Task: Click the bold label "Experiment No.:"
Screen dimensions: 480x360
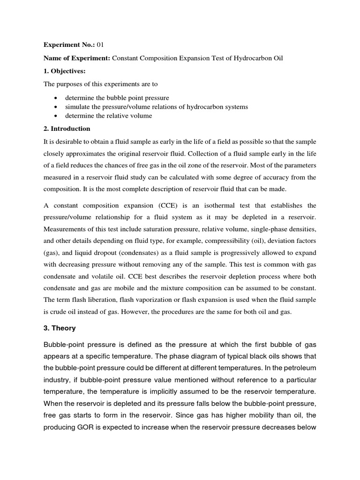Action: click(x=69, y=45)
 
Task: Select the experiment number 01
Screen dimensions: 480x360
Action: click(x=100, y=45)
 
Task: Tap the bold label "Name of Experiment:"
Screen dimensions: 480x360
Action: click(x=77, y=58)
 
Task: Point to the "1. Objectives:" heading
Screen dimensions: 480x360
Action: click(x=65, y=71)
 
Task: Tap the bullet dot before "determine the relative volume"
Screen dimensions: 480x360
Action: click(x=56, y=116)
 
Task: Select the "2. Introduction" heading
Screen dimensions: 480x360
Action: click(x=67, y=129)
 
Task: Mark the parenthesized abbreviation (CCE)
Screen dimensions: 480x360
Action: click(x=150, y=205)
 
